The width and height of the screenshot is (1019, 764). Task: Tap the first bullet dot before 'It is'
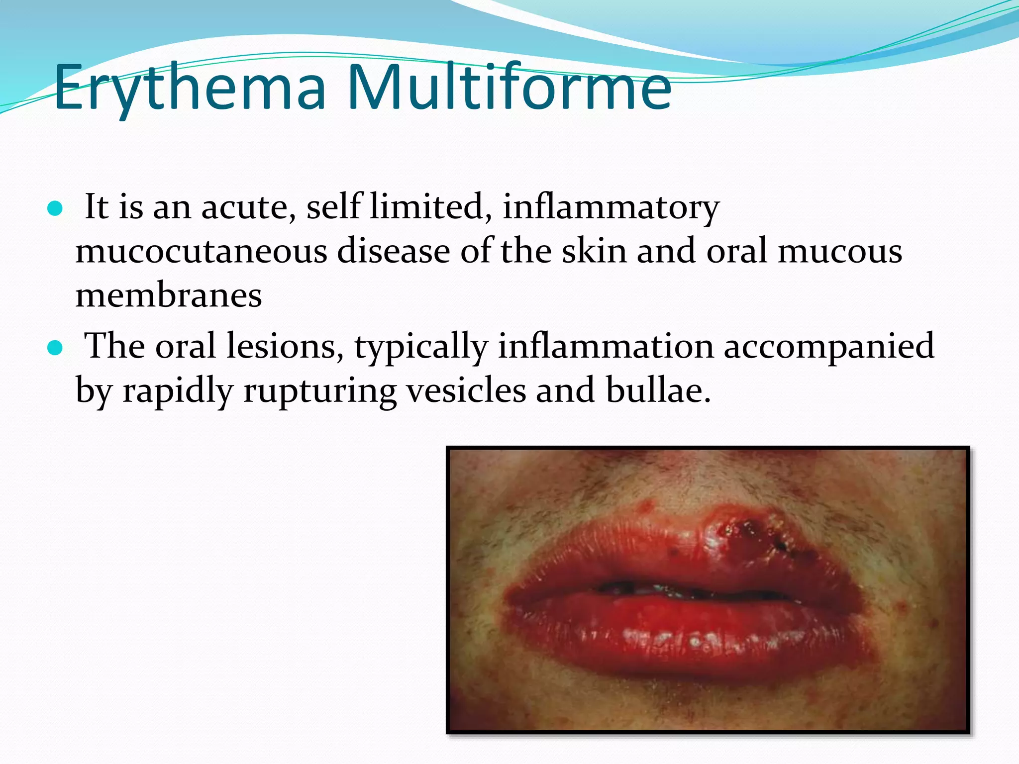(55, 209)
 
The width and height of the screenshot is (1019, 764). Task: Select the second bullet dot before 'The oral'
(55, 348)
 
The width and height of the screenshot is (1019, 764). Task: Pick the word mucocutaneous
(201, 251)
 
